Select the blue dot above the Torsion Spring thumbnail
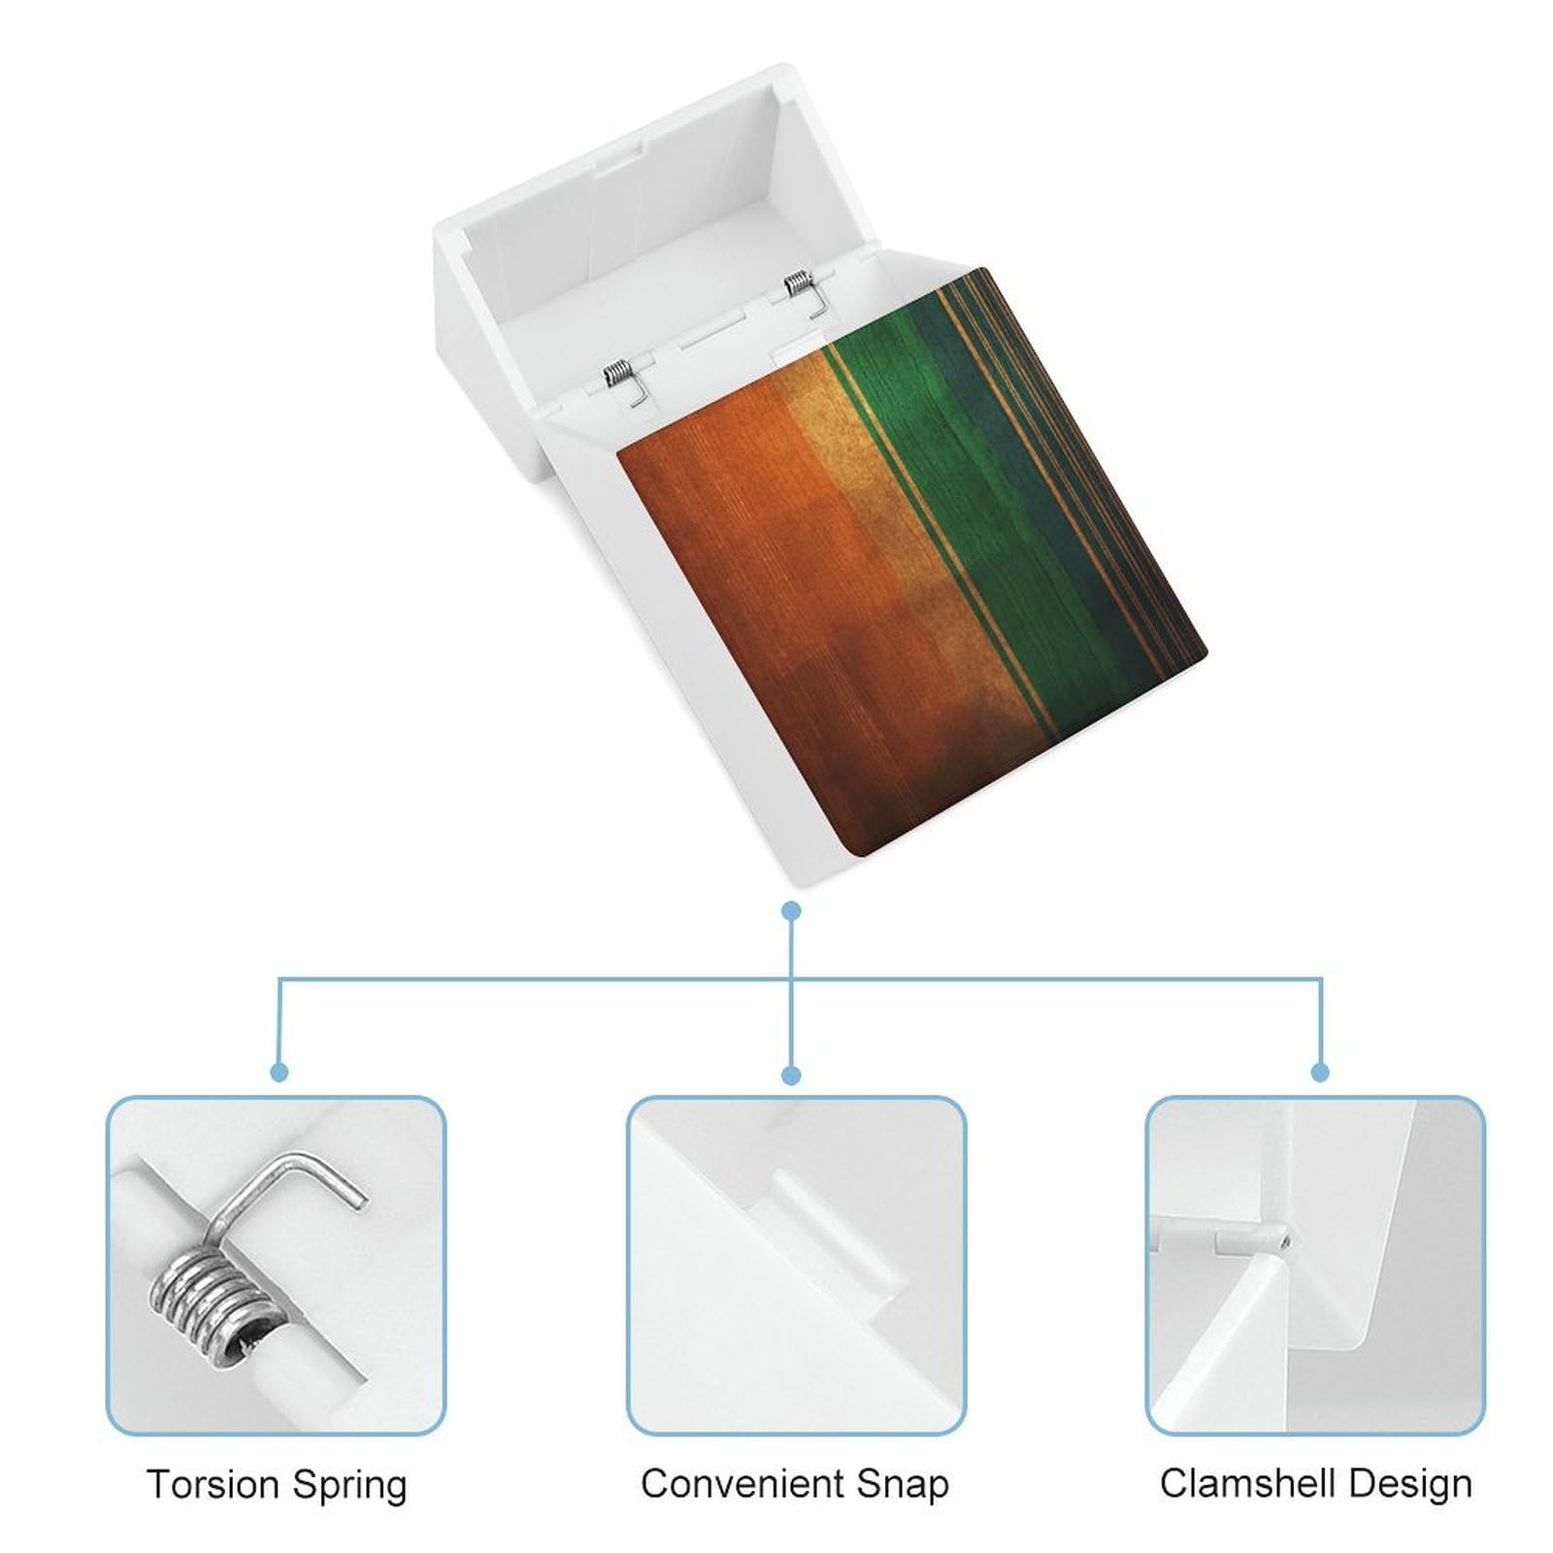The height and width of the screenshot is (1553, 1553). pos(280,1073)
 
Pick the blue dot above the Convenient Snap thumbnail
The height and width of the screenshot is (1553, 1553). pos(792,1074)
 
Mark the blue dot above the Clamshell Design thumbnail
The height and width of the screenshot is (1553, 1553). pos(1320,1073)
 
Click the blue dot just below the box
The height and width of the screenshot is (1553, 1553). pos(792,910)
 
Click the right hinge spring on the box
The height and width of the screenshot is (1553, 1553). pos(798,284)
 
